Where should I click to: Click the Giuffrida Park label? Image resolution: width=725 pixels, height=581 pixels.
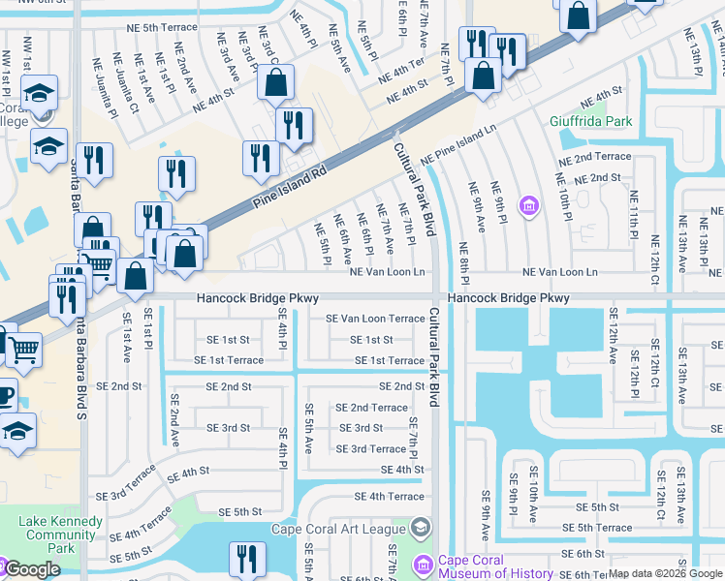tap(590, 122)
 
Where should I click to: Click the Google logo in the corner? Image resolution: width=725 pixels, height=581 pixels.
tap(31, 570)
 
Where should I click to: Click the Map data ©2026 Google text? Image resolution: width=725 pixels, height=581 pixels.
tap(665, 574)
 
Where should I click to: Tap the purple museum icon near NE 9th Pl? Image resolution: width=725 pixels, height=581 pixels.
tap(528, 205)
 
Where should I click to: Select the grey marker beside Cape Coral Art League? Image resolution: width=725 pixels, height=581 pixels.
tap(420, 528)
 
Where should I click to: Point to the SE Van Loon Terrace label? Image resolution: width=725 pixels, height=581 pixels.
tap(374, 319)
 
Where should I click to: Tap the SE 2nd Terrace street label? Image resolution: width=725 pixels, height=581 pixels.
tap(372, 408)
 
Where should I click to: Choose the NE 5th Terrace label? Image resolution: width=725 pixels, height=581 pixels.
tap(142, 27)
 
